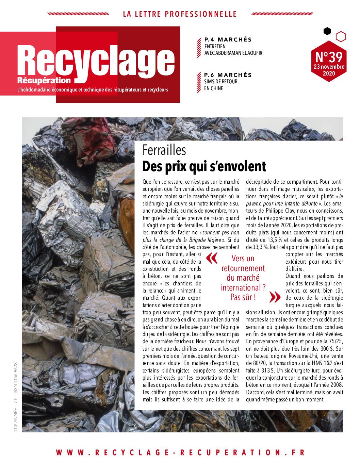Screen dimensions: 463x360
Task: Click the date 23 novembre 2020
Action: pyautogui.click(x=329, y=70)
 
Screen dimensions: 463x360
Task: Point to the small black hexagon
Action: pyautogui.click(x=327, y=31)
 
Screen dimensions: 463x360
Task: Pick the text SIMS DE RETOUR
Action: pyautogui.click(x=221, y=82)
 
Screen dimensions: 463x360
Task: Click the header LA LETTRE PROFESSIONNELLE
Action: pyautogui.click(x=179, y=14)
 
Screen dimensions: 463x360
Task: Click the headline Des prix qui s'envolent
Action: pyautogui.click(x=204, y=166)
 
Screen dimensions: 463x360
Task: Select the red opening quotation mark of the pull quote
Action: pyautogui.click(x=211, y=258)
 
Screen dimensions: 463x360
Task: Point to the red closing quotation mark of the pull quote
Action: pyautogui.click(x=273, y=297)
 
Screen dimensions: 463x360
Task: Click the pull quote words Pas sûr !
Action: pyautogui.click(x=243, y=297)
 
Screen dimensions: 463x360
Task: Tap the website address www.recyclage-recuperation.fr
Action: pyautogui.click(x=180, y=452)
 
